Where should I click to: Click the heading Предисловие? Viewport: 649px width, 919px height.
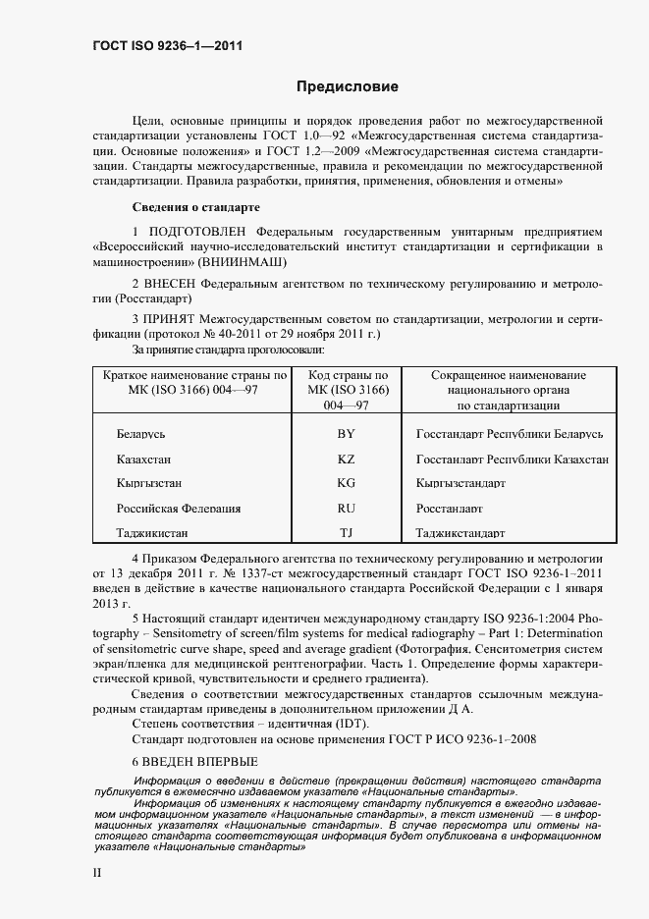tap(348, 87)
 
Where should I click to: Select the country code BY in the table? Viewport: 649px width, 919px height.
tap(346, 433)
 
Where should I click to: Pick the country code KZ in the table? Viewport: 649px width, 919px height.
tap(346, 459)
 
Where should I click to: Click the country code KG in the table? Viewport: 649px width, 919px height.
tap(346, 483)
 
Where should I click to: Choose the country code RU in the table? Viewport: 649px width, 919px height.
tap(346, 509)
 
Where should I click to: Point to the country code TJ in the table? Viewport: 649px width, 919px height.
tap(346, 533)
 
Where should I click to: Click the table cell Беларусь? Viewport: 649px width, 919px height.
tap(147, 433)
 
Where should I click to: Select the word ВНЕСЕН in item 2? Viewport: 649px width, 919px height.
tap(177, 284)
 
